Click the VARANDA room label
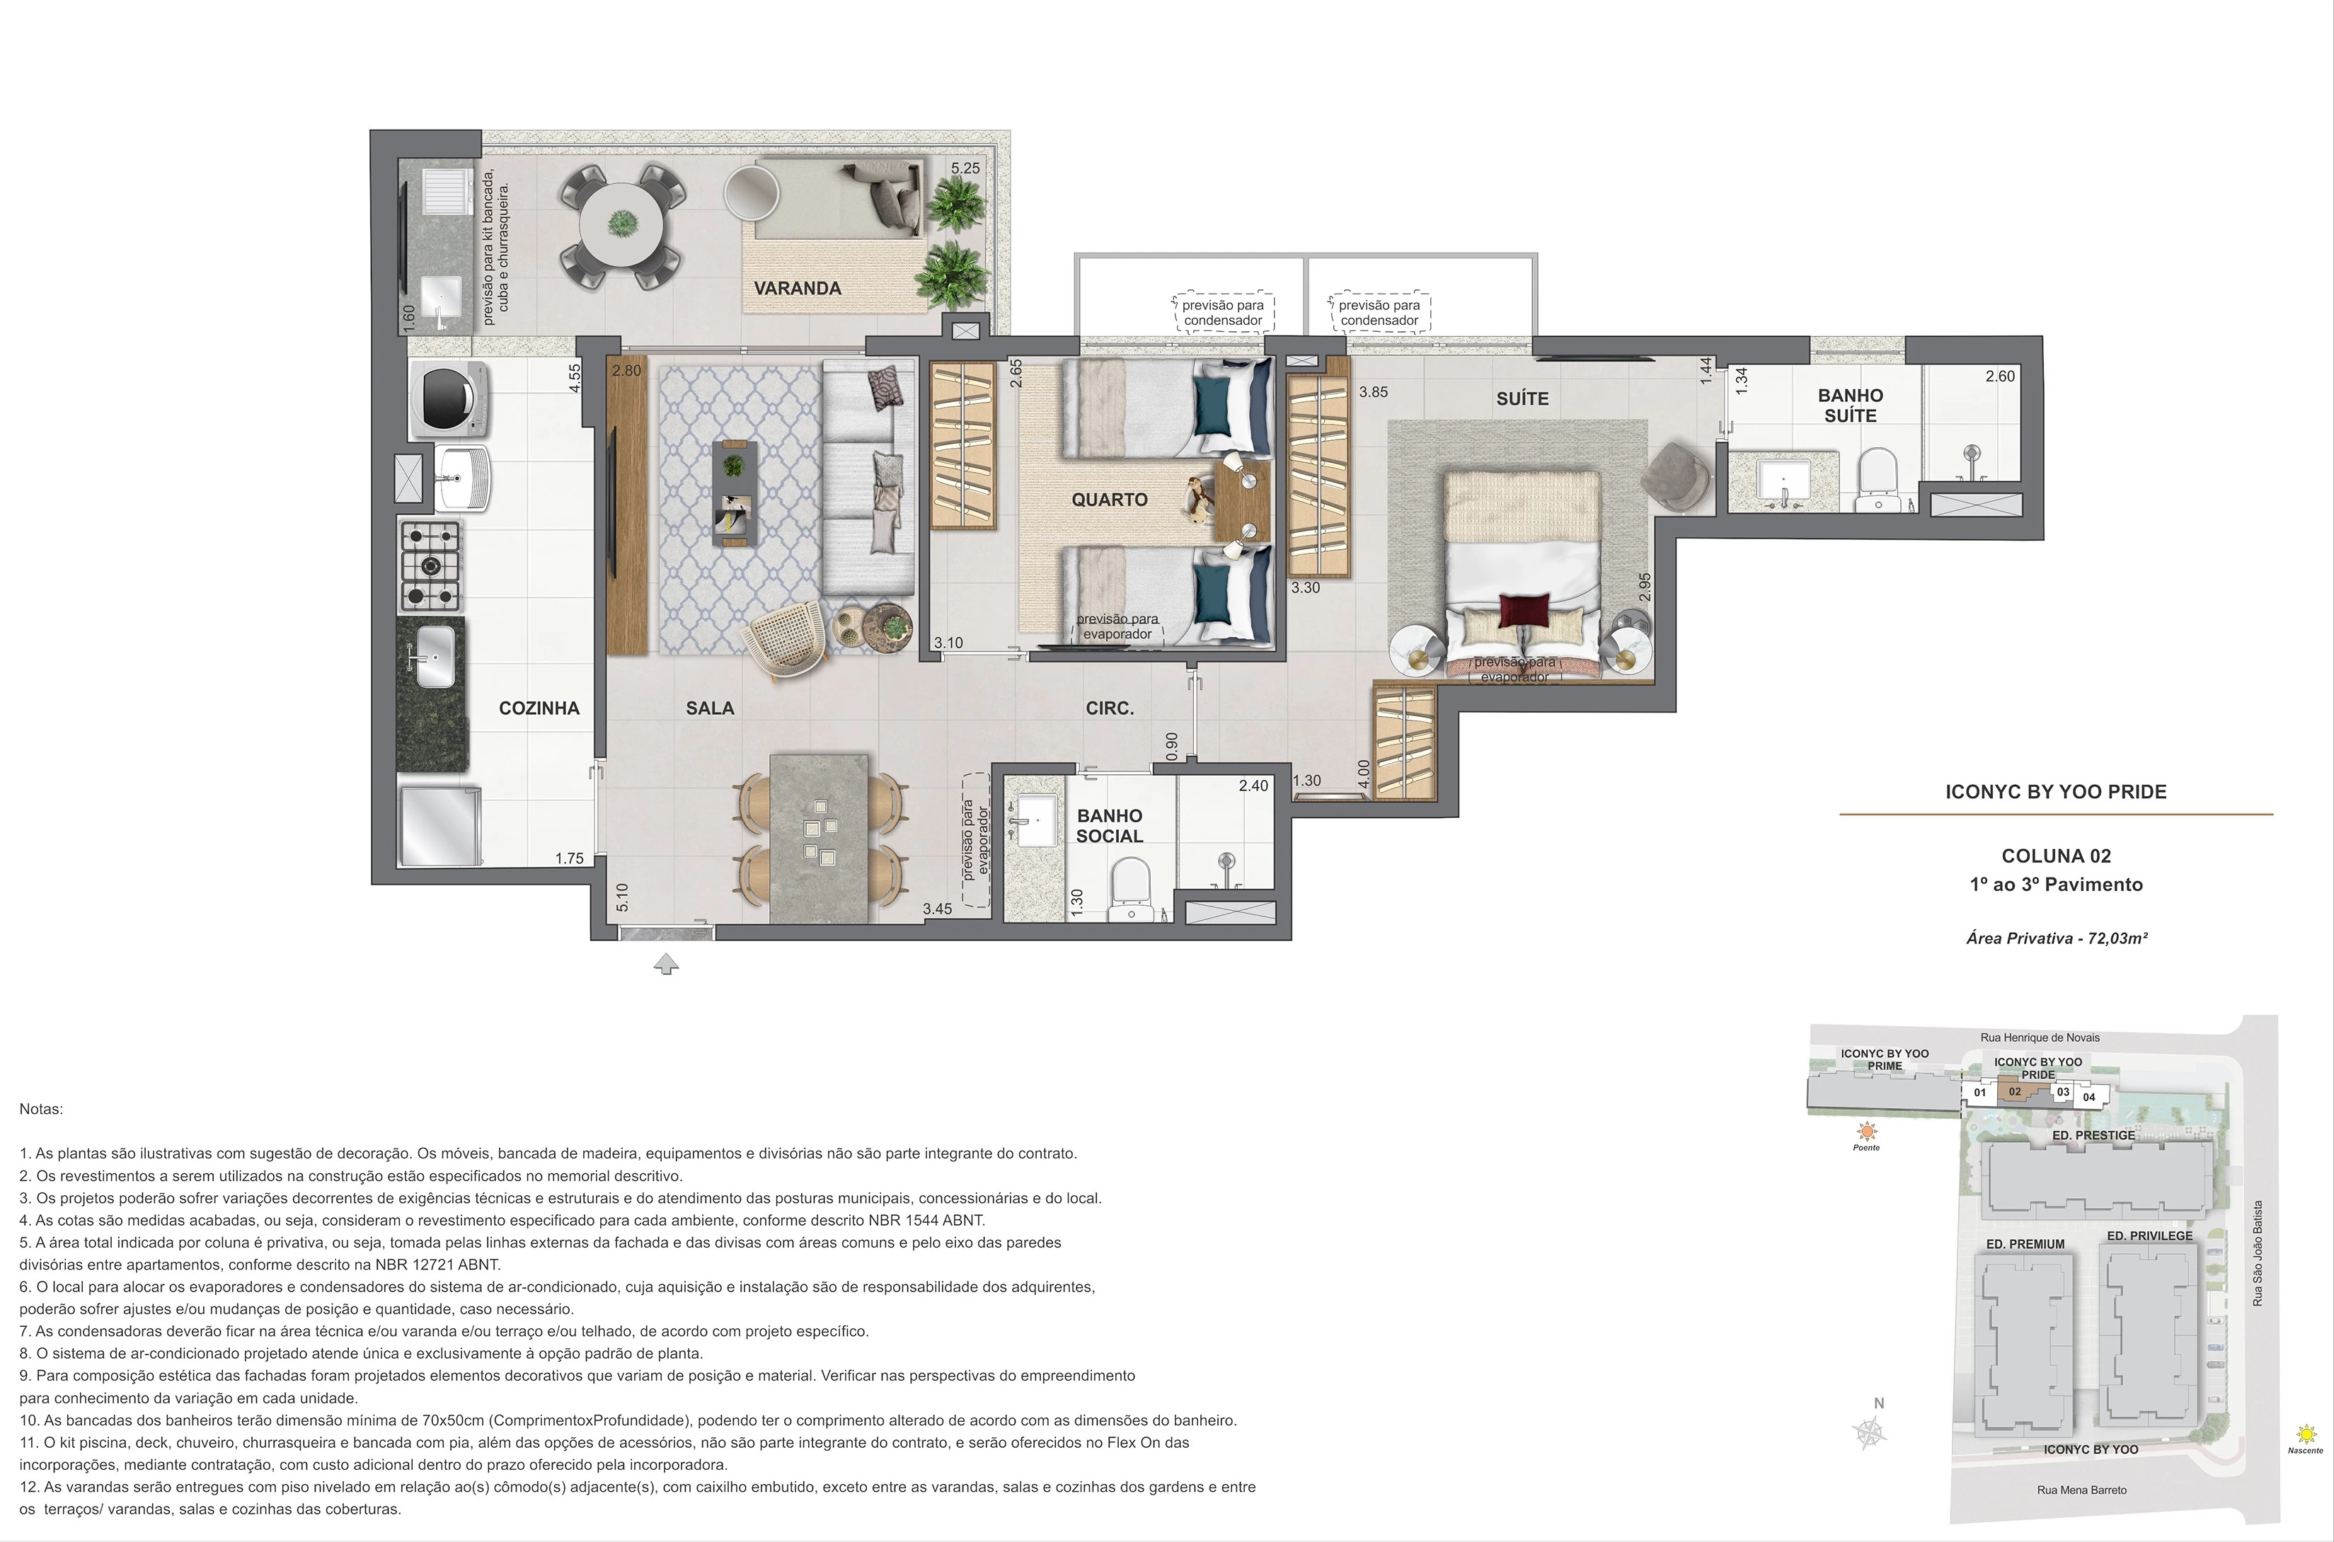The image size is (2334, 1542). pos(797,288)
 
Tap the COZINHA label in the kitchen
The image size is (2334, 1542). pos(539,708)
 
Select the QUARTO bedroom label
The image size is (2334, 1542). pos(1110,500)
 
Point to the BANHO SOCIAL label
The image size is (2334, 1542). pos(1110,826)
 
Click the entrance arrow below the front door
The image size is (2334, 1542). pos(666,965)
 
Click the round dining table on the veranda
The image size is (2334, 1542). pos(621,226)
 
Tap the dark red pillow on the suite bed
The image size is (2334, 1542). pos(1524,616)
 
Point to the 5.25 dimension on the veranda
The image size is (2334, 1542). pos(965,168)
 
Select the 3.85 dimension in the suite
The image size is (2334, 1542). pos(1373,391)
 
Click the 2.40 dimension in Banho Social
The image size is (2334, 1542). pos(1253,786)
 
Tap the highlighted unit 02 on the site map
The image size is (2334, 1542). pos(2016,1092)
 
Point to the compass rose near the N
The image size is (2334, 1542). pos(1870,1433)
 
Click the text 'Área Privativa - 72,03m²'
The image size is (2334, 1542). pos(2057,938)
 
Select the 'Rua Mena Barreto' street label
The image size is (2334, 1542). pos(2081,1490)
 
